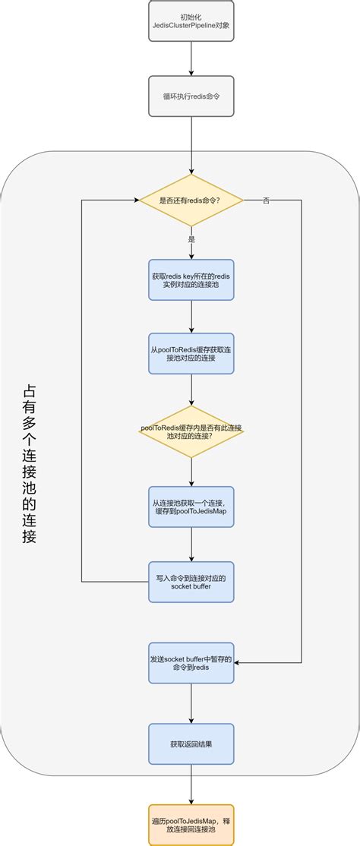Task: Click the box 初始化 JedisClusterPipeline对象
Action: pyautogui.click(x=191, y=21)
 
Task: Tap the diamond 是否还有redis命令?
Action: pyautogui.click(x=191, y=200)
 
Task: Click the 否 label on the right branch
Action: pyautogui.click(x=266, y=200)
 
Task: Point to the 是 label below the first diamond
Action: pyautogui.click(x=191, y=238)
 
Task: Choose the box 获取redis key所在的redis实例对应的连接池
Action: pyautogui.click(x=191, y=280)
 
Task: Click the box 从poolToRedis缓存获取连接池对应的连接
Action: pyautogui.click(x=191, y=353)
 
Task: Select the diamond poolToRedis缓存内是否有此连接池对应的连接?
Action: pyautogui.click(x=191, y=431)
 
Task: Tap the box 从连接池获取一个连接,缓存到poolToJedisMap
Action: pyautogui.click(x=191, y=507)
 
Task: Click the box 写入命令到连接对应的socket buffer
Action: pyautogui.click(x=191, y=582)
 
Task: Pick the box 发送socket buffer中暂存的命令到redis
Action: pyautogui.click(x=191, y=663)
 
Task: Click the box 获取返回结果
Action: pyautogui.click(x=191, y=743)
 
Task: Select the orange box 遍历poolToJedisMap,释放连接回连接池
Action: pyautogui.click(x=191, y=825)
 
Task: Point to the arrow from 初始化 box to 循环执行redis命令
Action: pyautogui.click(x=191, y=58)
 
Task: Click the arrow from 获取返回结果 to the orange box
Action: pyautogui.click(x=191, y=784)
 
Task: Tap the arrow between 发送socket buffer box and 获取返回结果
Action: pyautogui.click(x=191, y=703)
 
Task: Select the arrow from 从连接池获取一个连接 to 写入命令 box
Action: pyautogui.click(x=191, y=545)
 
